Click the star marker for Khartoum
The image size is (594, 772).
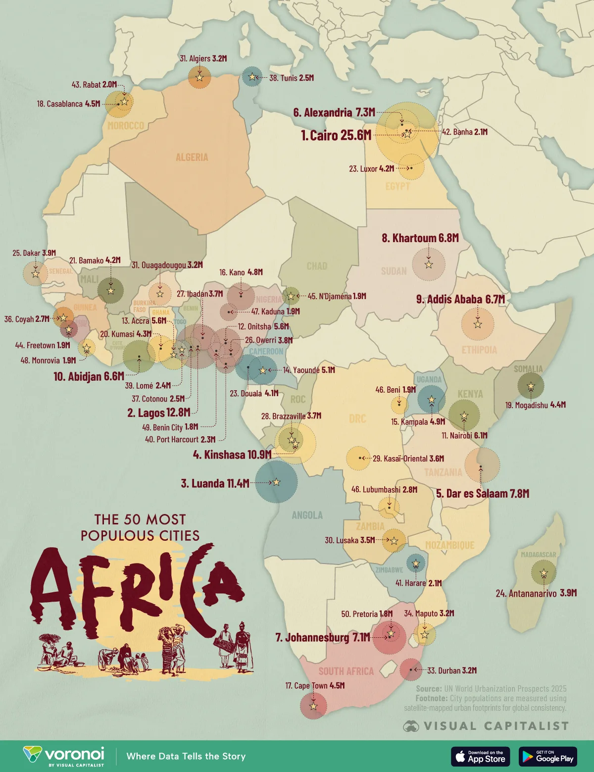[x=429, y=264]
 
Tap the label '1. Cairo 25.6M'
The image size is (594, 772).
[x=336, y=135]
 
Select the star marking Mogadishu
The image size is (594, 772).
[x=531, y=386]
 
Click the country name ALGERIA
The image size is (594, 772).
[x=192, y=157]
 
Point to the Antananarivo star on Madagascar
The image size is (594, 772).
[x=544, y=573]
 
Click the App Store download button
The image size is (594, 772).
[x=480, y=756]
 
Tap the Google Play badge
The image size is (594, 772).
[x=547, y=756]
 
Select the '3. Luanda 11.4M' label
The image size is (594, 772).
[x=215, y=483]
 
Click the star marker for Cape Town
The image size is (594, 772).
[x=313, y=706]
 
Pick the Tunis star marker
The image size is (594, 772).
[x=252, y=77]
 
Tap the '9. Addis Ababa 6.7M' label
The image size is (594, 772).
[x=460, y=299]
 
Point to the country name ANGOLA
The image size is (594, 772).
[x=307, y=515]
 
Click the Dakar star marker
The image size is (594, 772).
[x=35, y=273]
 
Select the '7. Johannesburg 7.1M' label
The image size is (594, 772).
[x=322, y=637]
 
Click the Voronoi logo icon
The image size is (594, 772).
[x=33, y=754]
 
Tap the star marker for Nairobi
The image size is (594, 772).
[x=464, y=415]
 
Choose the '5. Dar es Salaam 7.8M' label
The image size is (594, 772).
[x=483, y=494]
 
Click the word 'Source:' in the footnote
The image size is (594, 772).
[x=429, y=688]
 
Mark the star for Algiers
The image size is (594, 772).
[x=199, y=78]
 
